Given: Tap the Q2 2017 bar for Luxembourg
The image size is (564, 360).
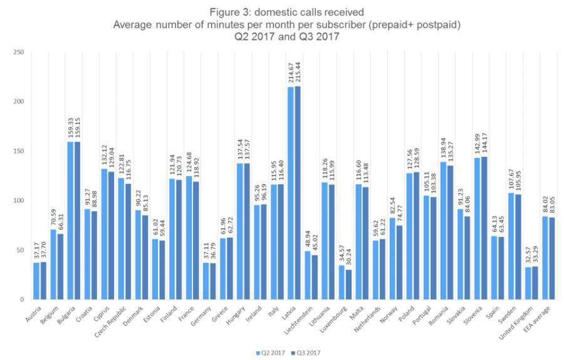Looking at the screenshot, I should pyautogui.click(x=340, y=282).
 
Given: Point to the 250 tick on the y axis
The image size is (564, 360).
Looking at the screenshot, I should pyautogui.click(x=19, y=52).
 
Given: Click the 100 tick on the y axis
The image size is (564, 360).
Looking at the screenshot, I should pyautogui.click(x=19, y=201).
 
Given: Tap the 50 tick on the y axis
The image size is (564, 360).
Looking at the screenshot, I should pyautogui.click(x=21, y=250).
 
